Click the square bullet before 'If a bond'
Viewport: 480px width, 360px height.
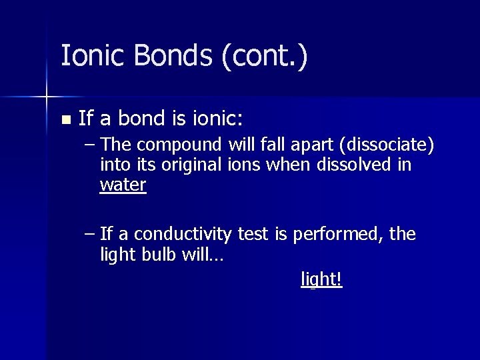pyautogui.click(x=65, y=120)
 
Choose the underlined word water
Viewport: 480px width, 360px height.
pyautogui.click(x=123, y=185)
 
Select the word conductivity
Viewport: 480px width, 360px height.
pyautogui.click(x=186, y=235)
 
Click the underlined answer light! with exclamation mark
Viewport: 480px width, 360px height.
pyautogui.click(x=321, y=279)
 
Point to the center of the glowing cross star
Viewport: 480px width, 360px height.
pyautogui.click(x=46, y=97)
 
